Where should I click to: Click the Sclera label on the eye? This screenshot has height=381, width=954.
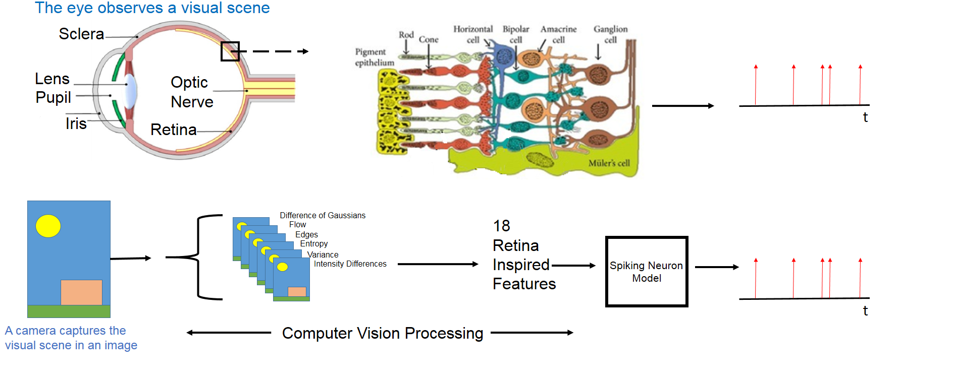click(x=81, y=34)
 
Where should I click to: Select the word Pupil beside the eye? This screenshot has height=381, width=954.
click(x=53, y=97)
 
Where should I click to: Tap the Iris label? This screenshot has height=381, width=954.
click(x=76, y=123)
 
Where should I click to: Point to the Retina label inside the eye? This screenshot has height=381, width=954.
click(x=173, y=130)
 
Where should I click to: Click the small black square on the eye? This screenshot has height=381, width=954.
click(x=230, y=51)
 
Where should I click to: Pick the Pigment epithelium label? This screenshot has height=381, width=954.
click(x=374, y=57)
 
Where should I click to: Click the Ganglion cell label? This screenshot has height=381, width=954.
click(x=610, y=34)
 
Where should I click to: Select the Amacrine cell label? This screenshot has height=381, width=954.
click(x=558, y=34)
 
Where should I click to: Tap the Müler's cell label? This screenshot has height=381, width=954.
click(x=609, y=163)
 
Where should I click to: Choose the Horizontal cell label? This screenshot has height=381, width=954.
click(x=473, y=34)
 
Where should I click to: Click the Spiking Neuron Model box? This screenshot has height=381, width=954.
click(x=647, y=272)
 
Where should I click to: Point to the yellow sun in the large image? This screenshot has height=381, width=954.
click(x=48, y=226)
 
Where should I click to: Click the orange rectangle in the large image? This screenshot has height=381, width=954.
click(x=81, y=292)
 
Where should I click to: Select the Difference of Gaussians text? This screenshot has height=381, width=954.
click(x=323, y=216)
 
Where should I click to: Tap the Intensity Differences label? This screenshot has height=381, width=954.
click(x=350, y=264)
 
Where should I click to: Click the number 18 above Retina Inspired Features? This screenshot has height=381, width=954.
click(x=501, y=226)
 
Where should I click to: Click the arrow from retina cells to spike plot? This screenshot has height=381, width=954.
click(x=682, y=106)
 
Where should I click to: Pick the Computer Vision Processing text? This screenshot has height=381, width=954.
click(x=382, y=333)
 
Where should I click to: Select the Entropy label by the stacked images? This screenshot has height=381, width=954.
click(x=313, y=244)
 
